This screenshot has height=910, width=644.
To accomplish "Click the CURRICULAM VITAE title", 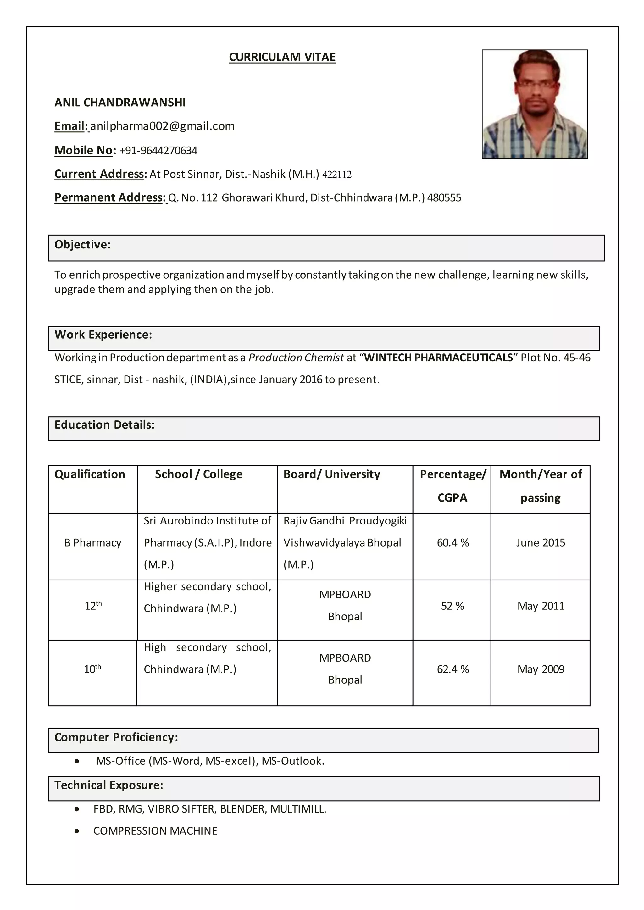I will (x=282, y=57).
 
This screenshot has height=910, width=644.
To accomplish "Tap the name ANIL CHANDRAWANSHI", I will (x=120, y=102).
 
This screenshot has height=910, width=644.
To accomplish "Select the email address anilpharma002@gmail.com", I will (x=162, y=126).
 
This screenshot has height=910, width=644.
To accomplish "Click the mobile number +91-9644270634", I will (x=158, y=151).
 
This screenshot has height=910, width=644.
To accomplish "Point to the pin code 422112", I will (x=337, y=175).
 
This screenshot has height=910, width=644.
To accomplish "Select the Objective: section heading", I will (x=82, y=245).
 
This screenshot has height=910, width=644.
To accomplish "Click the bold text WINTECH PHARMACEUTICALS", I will (x=438, y=358).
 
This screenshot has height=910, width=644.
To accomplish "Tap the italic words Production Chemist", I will (x=296, y=358).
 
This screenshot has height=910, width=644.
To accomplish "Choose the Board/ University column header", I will (x=331, y=474).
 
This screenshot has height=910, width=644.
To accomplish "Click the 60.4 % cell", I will (x=452, y=543).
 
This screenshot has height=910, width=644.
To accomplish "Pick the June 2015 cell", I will (x=540, y=543).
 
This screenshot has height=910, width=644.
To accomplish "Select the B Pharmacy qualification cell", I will (x=93, y=543).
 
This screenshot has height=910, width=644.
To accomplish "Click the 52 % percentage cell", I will (x=452, y=606).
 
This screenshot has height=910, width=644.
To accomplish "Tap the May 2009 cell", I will (x=541, y=670).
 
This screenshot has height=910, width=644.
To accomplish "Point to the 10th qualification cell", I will (x=92, y=670).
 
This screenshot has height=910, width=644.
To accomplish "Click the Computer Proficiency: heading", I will (x=116, y=737).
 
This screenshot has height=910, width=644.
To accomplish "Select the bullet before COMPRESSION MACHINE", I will (x=76, y=831).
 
